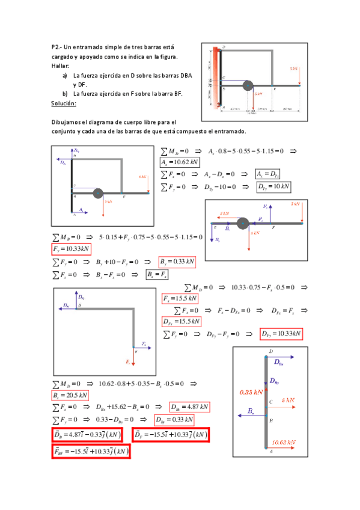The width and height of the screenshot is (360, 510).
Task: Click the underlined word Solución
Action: coord(63,103)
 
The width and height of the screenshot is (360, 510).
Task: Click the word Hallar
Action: coord(60,66)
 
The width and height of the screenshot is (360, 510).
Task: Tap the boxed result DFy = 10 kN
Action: coord(273,187)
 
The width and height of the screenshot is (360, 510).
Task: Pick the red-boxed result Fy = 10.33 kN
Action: coord(71,249)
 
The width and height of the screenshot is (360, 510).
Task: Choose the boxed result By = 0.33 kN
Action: coord(177,262)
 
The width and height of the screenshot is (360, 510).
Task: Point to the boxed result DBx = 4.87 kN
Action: coord(189,407)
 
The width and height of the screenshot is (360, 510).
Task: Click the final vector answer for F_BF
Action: coord(91,450)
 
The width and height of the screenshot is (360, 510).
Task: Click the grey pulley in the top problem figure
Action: coord(247,87)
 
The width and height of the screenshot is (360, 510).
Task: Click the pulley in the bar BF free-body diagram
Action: coord(243,224)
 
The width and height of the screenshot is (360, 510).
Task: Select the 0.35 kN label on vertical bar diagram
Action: coord(251,392)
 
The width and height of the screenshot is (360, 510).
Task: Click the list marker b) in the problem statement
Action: coord(65,94)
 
